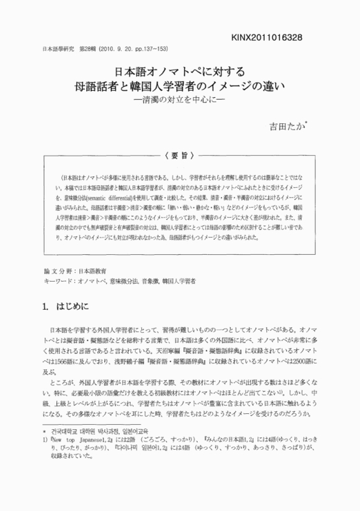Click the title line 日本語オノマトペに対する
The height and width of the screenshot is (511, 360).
(179, 72)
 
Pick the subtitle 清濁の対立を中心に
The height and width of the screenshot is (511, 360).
(179, 100)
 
